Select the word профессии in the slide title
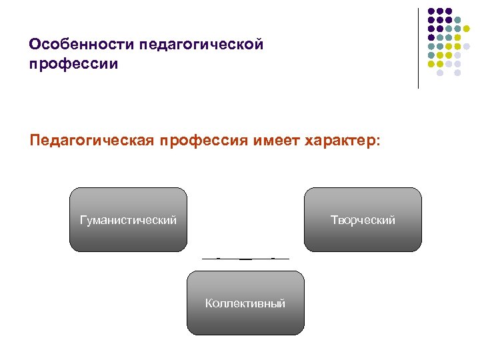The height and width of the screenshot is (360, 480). [73, 64]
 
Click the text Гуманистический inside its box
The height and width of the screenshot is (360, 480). [128, 220]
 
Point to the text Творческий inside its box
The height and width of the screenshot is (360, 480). [363, 220]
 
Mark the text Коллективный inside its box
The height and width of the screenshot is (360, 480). [245, 304]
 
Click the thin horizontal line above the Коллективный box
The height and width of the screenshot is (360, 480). [245, 258]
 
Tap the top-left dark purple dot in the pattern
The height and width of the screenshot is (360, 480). [431, 12]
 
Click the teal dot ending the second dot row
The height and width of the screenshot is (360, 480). [457, 21]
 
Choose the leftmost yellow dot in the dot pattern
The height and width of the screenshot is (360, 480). [431, 64]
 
